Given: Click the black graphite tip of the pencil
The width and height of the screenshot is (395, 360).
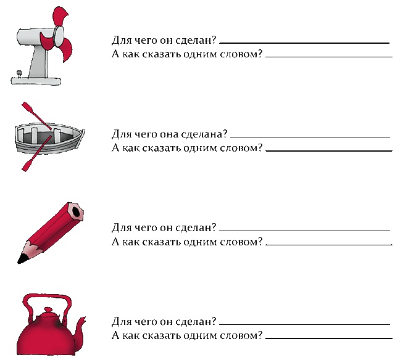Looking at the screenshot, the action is [22, 259].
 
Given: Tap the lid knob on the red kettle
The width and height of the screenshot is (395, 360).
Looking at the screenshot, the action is [47, 310].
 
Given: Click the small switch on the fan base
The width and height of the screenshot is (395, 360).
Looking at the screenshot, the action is [19, 74].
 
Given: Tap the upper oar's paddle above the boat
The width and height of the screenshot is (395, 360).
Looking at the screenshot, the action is [28, 107].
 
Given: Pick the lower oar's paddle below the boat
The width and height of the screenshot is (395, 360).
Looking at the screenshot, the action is [28, 165].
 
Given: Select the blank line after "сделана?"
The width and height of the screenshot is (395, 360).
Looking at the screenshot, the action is [310, 137].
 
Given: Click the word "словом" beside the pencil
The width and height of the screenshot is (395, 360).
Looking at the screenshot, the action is [239, 242].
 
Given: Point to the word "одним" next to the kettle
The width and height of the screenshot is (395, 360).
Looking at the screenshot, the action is [201, 335].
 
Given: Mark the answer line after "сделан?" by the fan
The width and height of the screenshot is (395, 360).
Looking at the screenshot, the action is [304, 43].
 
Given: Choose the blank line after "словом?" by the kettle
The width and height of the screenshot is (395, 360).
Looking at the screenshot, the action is [329, 338].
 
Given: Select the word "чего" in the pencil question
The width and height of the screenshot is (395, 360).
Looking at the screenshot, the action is [144, 228].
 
